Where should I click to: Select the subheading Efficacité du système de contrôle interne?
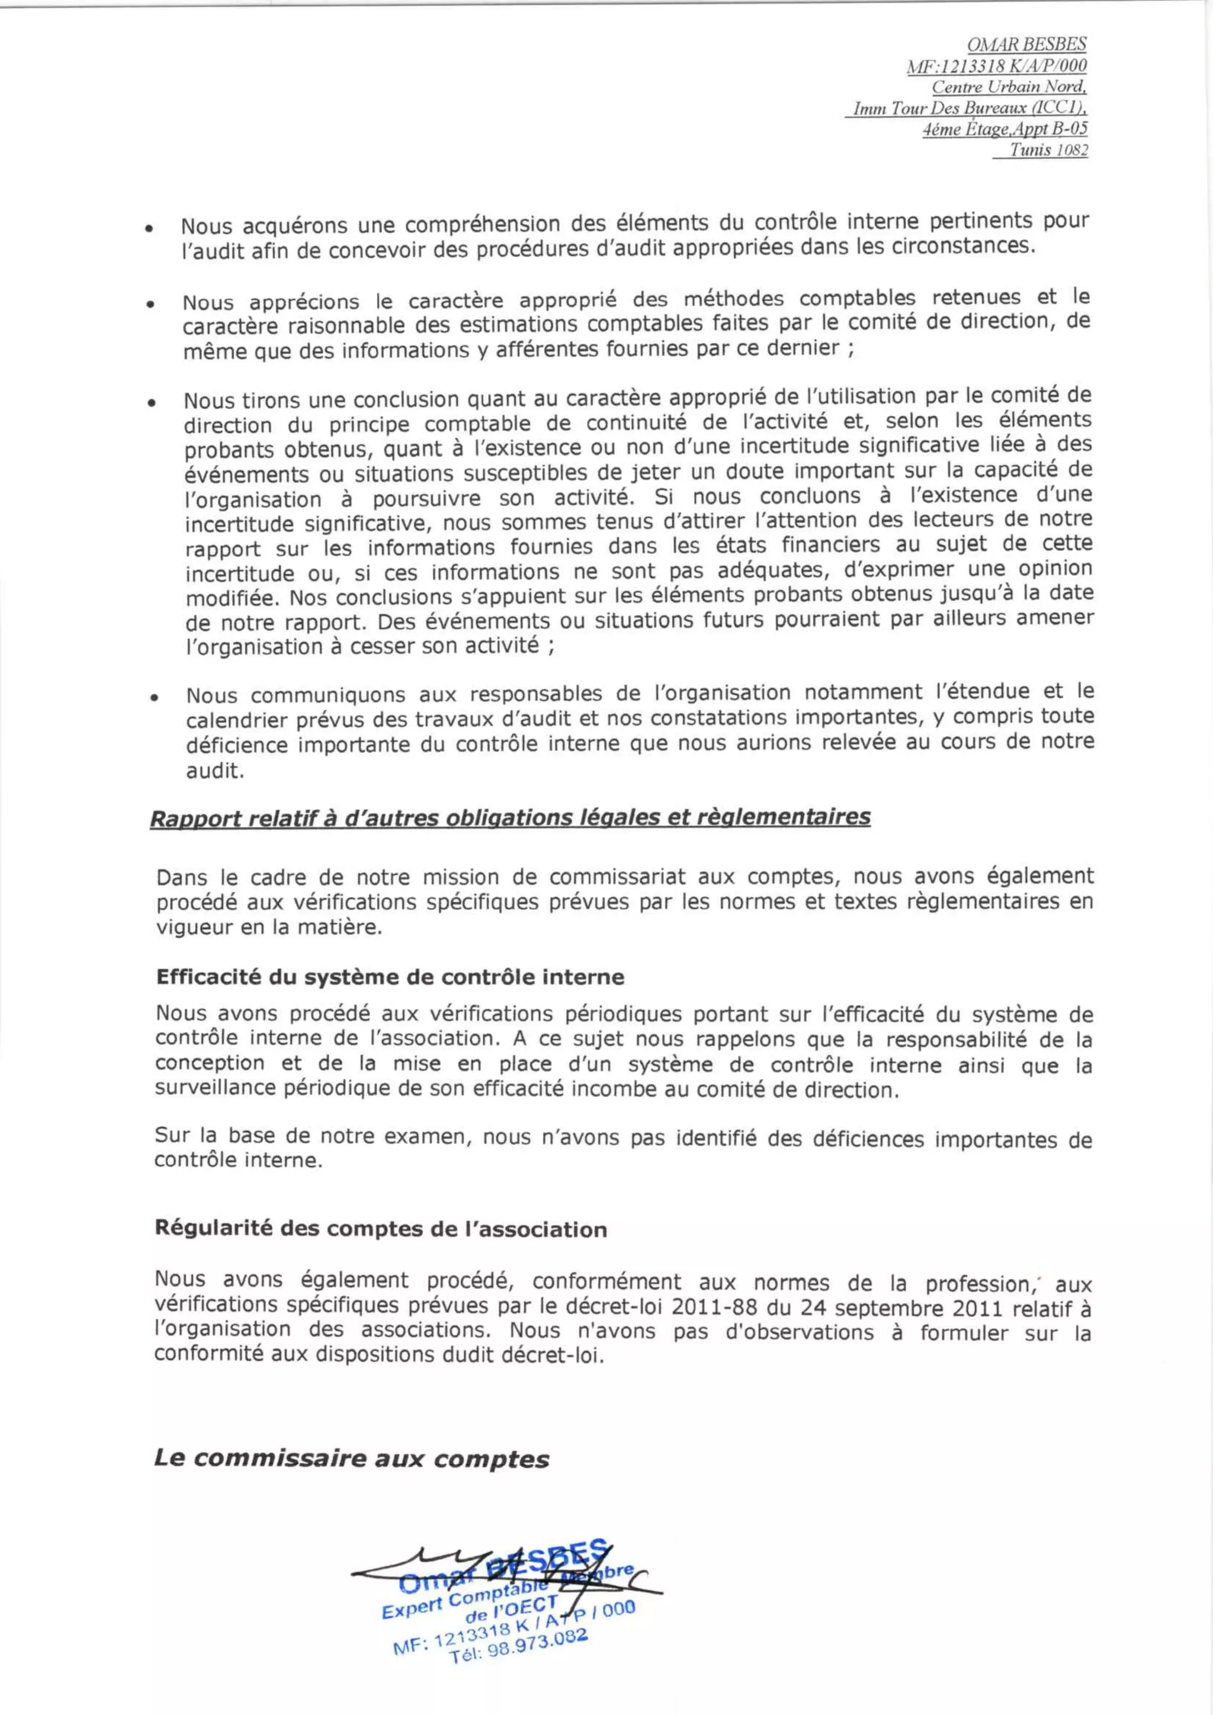click(390, 977)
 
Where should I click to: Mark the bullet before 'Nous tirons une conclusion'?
click(152, 403)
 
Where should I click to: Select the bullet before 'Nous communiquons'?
click(153, 698)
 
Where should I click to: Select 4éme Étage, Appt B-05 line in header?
click(1005, 129)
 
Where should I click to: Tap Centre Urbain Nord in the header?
click(1008, 86)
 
